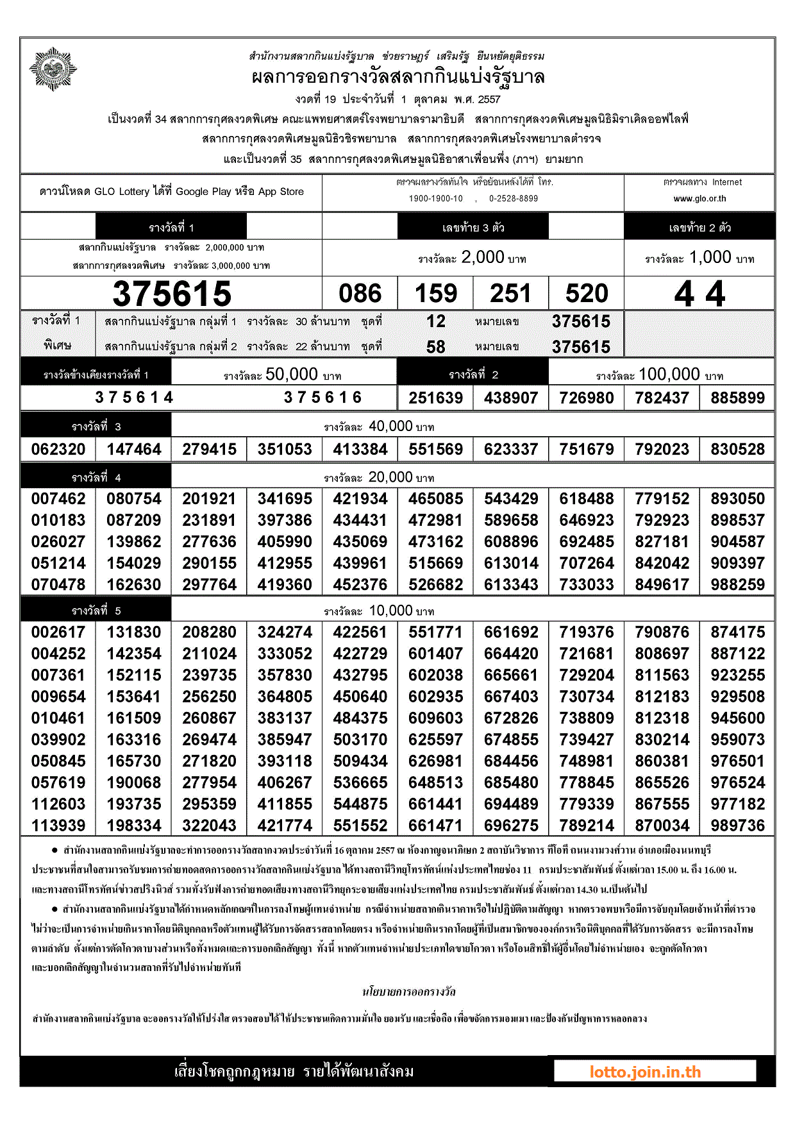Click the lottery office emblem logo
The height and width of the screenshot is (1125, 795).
pos(53,69)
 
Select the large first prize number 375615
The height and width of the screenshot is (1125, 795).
pos(172,294)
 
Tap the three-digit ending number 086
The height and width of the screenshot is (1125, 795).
pos(360,294)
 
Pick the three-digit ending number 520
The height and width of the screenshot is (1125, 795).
pos(587,294)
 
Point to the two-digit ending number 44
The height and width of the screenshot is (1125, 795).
pos(699,294)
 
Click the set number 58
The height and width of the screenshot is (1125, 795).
pos(435,347)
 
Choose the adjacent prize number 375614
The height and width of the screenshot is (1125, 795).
pos(134,398)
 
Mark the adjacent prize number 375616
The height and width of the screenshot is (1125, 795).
pos(322,398)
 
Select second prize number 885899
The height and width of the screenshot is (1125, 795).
pos(737,398)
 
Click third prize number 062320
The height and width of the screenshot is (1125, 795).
pos(58,450)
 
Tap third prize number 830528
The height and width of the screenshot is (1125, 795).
pos(737,450)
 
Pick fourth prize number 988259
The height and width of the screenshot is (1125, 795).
pos(737,585)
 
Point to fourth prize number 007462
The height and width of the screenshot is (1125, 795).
pos(58,499)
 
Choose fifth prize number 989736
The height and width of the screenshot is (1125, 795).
pos(737,826)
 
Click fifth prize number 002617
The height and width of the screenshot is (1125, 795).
pos(58,632)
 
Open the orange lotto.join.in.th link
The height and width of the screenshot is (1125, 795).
pos(645,1072)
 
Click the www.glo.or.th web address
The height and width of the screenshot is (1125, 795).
pos(699,199)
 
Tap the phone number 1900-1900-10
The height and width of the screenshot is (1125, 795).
pos(436,199)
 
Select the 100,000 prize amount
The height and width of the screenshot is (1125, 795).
pos(669,375)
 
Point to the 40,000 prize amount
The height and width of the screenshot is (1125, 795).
pos(390,427)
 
